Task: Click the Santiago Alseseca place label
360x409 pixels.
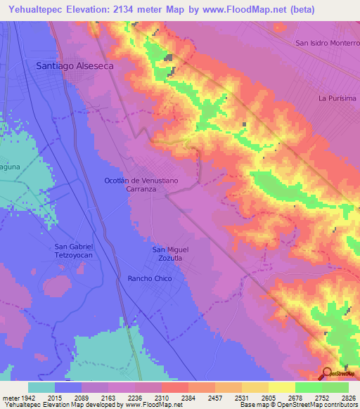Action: (x=75, y=65)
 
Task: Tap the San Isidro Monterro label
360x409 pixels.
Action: (x=327, y=43)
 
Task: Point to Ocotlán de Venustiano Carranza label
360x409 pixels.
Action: (x=141, y=185)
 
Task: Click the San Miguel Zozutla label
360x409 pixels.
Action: (x=171, y=254)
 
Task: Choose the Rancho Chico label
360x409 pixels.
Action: (x=150, y=279)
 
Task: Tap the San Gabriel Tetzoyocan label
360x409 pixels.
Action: (x=74, y=250)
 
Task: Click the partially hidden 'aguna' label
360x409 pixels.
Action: (x=10, y=167)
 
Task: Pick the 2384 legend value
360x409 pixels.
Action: (x=188, y=398)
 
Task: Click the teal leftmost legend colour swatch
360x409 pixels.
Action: (x=41, y=387)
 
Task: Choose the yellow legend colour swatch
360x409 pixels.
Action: (x=282, y=387)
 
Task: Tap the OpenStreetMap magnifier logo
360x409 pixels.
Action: (x=328, y=374)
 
